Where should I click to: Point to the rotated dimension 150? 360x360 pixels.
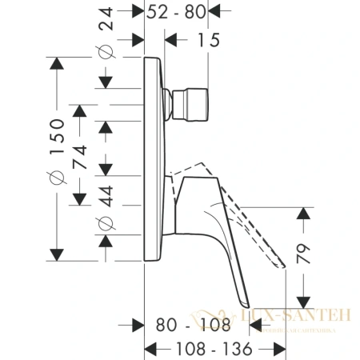[x=57, y=133]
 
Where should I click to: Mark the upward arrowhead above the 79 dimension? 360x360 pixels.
[x=303, y=213]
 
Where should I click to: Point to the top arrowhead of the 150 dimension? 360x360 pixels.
[x=57, y=63]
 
